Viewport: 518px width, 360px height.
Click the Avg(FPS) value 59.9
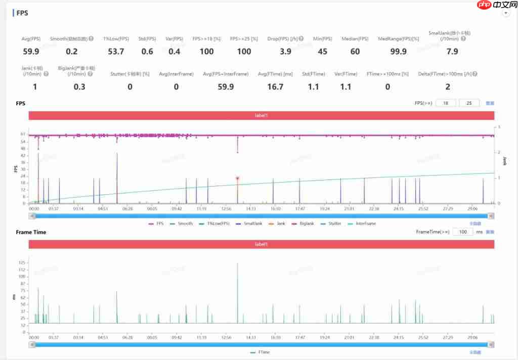31,51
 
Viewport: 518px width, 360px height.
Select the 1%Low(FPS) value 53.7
116,51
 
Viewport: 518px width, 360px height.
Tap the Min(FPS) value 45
322,51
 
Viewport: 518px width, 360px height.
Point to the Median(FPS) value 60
355,51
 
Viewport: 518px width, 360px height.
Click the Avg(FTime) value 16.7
275,87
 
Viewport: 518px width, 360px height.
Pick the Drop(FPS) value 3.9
285,51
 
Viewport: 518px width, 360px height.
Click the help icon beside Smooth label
91,39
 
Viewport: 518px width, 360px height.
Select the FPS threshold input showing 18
446,103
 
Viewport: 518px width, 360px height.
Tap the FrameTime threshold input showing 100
462,232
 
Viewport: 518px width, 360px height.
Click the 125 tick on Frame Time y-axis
22,263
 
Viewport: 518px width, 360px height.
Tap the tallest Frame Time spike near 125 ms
237,264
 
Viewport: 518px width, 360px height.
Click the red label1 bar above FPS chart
261,116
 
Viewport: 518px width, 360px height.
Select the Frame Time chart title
31,232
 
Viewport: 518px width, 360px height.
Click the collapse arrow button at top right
505,14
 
